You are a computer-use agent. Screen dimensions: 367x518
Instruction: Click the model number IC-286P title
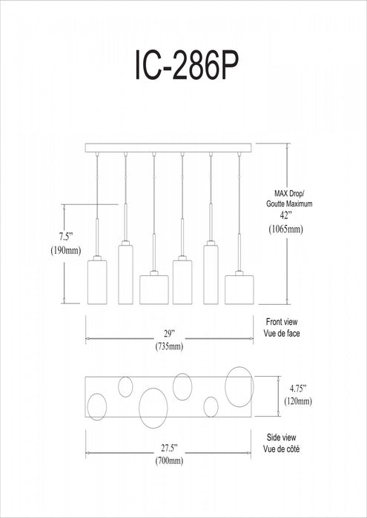tap(186, 65)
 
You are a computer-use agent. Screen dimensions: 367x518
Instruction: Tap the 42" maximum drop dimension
tap(285, 216)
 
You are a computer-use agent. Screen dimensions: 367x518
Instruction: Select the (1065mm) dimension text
tap(285, 229)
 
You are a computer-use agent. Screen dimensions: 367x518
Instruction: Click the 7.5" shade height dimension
tap(65, 237)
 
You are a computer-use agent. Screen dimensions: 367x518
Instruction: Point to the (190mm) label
tap(66, 251)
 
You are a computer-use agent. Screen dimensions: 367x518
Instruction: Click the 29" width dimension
tap(169, 334)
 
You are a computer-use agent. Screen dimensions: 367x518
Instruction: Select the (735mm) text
tap(169, 347)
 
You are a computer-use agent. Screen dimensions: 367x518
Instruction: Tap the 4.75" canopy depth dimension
tap(298, 388)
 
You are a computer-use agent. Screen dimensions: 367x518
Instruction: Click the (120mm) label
tap(298, 401)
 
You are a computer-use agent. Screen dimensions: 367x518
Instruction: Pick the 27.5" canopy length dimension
tap(170, 448)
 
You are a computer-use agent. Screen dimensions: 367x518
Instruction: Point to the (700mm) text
tap(169, 461)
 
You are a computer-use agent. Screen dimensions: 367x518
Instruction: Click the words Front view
tap(282, 322)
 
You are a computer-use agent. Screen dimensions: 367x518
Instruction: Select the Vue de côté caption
tap(282, 449)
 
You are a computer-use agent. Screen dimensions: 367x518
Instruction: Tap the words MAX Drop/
tap(289, 193)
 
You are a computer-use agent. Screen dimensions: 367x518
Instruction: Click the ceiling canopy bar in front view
tap(168, 148)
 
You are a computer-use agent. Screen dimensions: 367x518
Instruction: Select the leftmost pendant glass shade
tap(97, 282)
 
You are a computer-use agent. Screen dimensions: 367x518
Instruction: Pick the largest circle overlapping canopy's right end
tap(239, 387)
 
